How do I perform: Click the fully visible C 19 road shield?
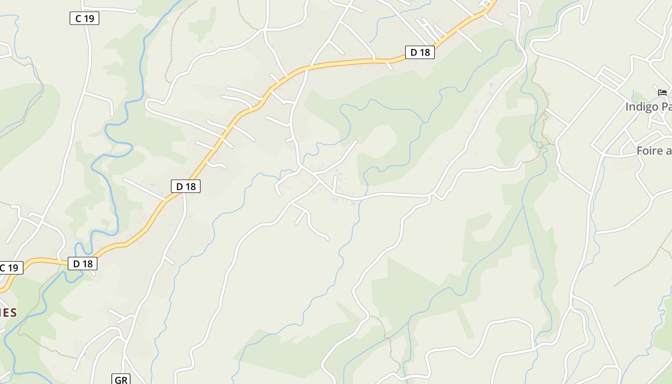(84, 19)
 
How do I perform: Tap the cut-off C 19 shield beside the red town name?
(11, 268)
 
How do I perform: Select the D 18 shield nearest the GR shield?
(83, 264)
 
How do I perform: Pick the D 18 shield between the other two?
(186, 186)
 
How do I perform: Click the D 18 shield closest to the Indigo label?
(420, 52)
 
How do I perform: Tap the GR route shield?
(121, 380)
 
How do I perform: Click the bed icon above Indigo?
(662, 92)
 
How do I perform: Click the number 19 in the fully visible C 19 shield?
(89, 19)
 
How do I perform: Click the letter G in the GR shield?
(118, 380)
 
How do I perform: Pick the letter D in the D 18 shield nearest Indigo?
(414, 52)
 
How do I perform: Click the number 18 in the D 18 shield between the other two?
(191, 186)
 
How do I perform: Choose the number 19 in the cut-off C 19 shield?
(13, 268)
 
